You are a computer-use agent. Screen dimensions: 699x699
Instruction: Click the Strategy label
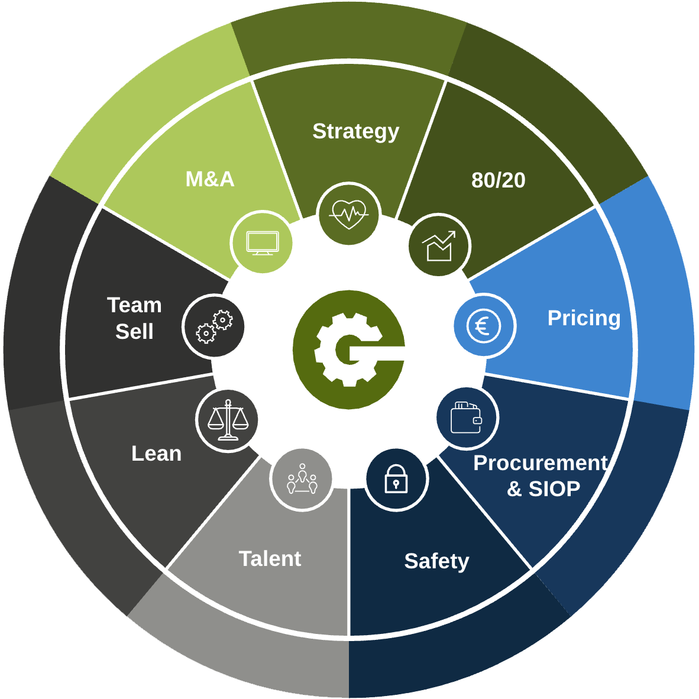coord(356,132)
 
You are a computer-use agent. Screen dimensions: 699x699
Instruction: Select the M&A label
coord(210,179)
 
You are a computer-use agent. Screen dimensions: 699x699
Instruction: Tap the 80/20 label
coord(499,180)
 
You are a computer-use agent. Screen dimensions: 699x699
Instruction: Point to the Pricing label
coord(584,319)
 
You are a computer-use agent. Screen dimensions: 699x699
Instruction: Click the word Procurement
coord(541,462)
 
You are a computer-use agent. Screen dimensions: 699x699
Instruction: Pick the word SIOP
coord(554,489)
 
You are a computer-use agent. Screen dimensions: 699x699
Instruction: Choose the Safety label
coord(436,562)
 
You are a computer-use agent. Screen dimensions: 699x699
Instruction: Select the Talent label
coord(270,559)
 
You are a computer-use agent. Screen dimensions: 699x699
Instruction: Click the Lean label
coord(157,454)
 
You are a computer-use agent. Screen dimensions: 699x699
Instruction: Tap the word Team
coord(134,305)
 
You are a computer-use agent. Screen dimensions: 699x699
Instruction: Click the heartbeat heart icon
coord(348,214)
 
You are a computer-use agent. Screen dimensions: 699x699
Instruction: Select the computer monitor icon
coord(263,244)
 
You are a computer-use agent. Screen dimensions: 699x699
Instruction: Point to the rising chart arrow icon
coord(439,245)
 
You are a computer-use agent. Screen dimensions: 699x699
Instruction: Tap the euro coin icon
coord(484,326)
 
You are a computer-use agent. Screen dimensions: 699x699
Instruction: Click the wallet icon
coord(467,418)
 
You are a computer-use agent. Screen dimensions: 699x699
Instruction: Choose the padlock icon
coord(396,478)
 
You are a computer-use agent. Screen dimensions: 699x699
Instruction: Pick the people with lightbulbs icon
coord(302,479)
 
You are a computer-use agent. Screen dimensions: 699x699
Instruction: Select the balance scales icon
coord(228,420)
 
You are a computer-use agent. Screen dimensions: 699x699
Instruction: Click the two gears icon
coord(215,326)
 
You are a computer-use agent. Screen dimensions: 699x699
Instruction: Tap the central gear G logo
coord(349,350)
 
